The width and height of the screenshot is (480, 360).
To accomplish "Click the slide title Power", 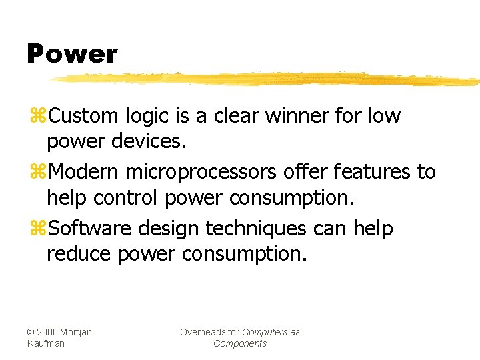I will pyautogui.click(x=71, y=54).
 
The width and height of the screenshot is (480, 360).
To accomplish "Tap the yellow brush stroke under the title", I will pyautogui.click(x=267, y=79).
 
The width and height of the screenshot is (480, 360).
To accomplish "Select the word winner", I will pyautogui.click(x=297, y=116).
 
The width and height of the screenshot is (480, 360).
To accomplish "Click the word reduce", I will pyautogui.click(x=79, y=255).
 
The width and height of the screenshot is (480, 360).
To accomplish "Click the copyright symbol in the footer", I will pyautogui.click(x=31, y=332).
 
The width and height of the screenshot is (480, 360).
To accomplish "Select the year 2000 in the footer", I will pyautogui.click(x=47, y=332).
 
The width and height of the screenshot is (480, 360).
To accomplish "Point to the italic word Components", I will pyautogui.click(x=240, y=343).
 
